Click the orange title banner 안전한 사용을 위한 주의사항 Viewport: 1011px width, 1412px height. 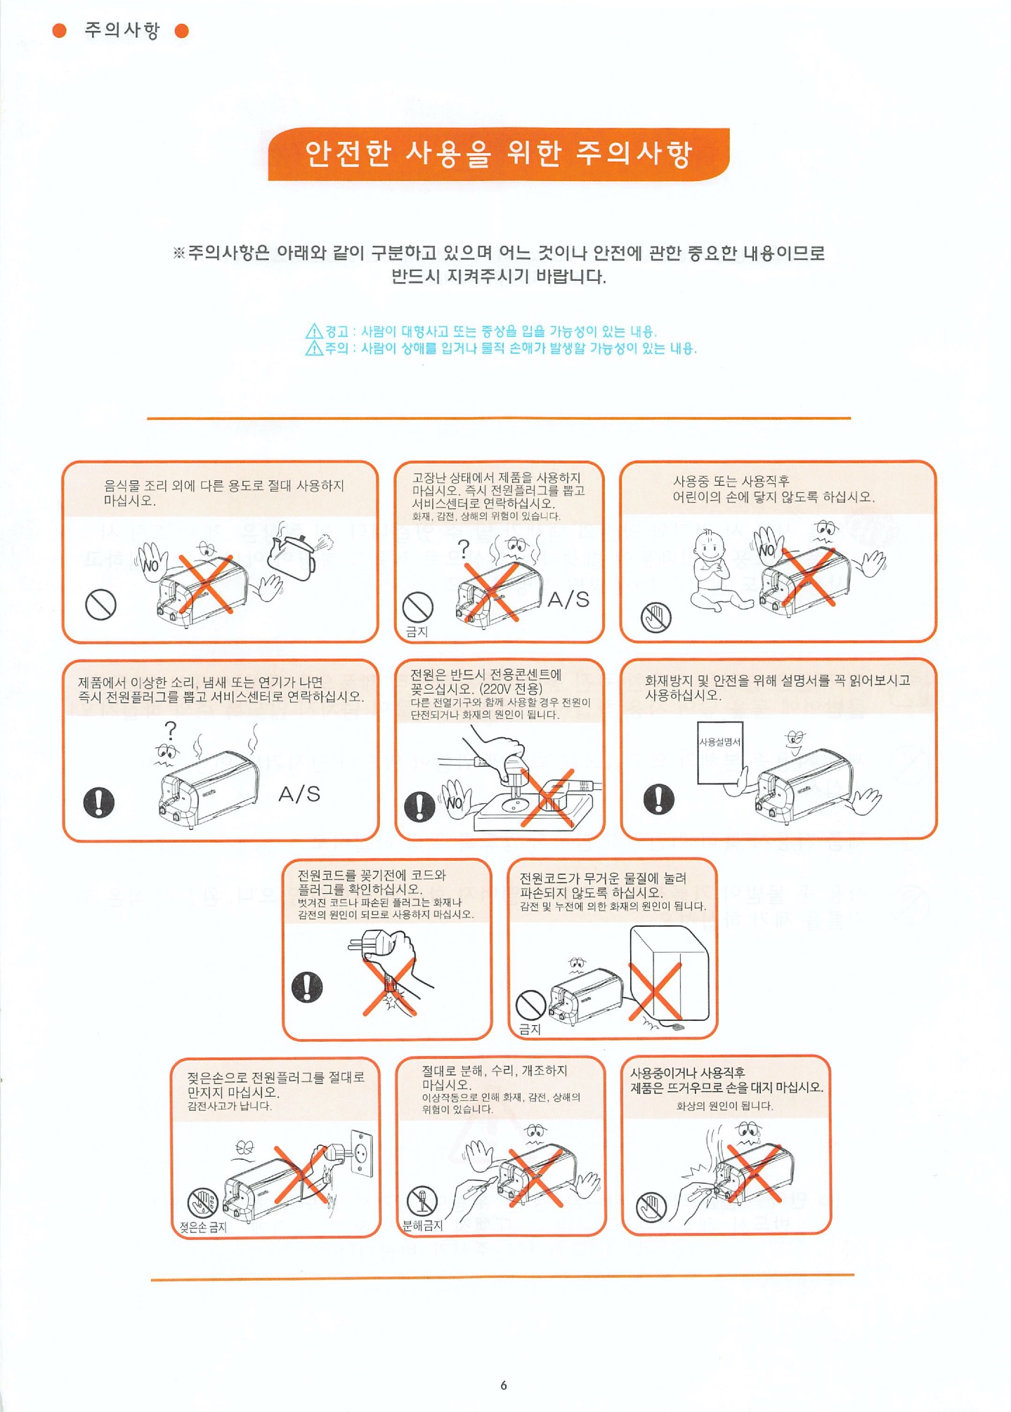click(x=498, y=154)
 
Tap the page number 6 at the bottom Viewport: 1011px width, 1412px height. click(x=503, y=1385)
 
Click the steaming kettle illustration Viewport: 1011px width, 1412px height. click(x=299, y=554)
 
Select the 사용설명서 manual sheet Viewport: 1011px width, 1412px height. click(x=719, y=752)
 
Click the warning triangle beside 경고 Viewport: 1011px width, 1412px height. click(x=314, y=331)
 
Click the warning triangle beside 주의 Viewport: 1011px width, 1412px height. click(x=314, y=348)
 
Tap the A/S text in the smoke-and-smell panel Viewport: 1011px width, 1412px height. click(x=299, y=794)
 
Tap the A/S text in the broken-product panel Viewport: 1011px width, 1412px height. click(x=568, y=599)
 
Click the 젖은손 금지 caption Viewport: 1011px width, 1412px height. click(x=202, y=1227)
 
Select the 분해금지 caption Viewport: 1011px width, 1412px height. click(x=422, y=1225)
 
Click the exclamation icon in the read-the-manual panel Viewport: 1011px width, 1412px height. click(x=658, y=798)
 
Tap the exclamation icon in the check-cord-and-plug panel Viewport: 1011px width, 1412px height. click(x=307, y=987)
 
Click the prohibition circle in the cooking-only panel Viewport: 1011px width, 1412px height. click(x=100, y=604)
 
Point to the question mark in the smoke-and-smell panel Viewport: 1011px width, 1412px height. click(x=170, y=731)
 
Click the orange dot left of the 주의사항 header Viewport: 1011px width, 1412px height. click(x=60, y=30)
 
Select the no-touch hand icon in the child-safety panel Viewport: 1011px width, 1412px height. click(x=656, y=617)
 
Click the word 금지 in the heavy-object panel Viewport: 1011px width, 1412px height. click(x=530, y=1029)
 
